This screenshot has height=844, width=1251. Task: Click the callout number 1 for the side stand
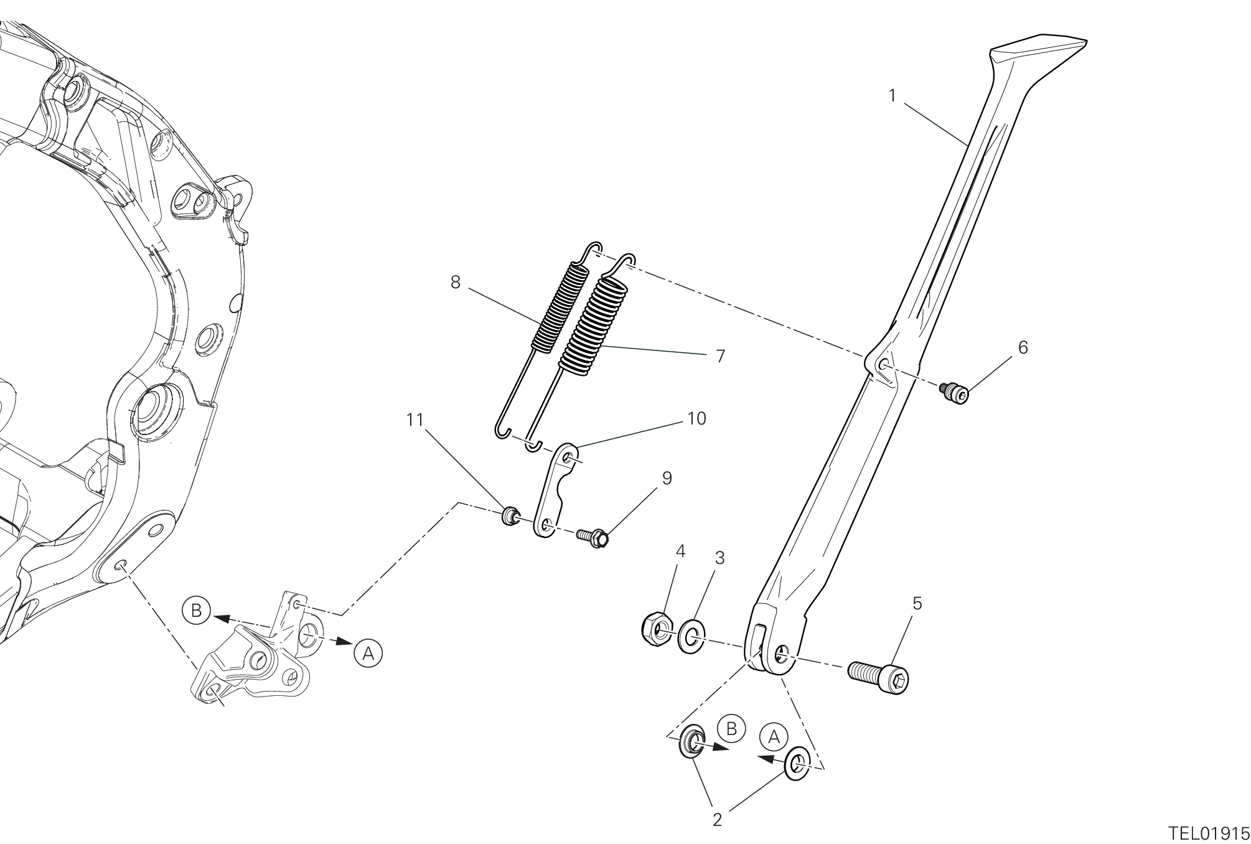click(893, 96)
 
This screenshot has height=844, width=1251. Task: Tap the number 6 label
click(1023, 348)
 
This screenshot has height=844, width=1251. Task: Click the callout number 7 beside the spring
click(720, 357)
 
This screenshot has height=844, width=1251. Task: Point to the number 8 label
click(455, 283)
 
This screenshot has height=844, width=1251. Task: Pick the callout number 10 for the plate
click(696, 419)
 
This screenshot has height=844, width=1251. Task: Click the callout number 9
click(667, 479)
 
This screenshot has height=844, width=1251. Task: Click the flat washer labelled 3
click(691, 636)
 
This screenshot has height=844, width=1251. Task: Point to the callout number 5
click(917, 603)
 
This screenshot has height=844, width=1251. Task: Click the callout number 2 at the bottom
click(717, 820)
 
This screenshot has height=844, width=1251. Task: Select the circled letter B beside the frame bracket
click(196, 611)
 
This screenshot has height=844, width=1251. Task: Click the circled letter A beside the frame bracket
click(368, 654)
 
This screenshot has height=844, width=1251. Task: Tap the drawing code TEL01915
click(1209, 833)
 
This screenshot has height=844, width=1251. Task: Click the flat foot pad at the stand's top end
click(1038, 51)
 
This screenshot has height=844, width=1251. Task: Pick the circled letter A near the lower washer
click(774, 737)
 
